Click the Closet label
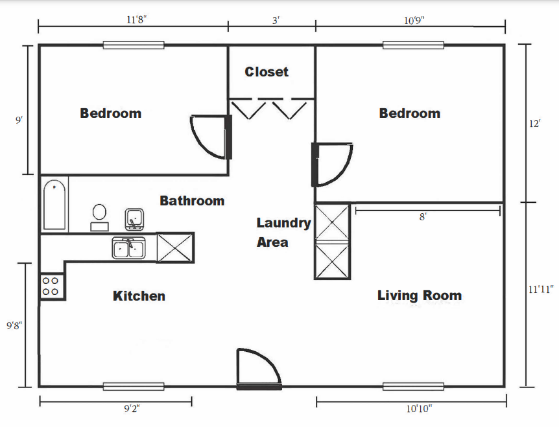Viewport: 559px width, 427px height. [x=267, y=72]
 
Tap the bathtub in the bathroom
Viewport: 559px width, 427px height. [x=54, y=205]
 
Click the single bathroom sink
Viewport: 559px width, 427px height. [x=134, y=220]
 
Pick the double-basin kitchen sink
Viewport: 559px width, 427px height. [x=128, y=248]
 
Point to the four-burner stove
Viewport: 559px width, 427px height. [x=51, y=286]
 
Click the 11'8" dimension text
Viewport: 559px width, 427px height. [x=136, y=19]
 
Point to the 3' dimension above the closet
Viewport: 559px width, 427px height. [x=276, y=21]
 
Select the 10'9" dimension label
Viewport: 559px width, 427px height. [x=414, y=20]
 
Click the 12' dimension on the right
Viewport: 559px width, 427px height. [x=534, y=124]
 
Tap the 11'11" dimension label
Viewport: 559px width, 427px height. [x=541, y=289]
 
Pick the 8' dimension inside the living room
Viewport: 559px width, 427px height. [x=423, y=216]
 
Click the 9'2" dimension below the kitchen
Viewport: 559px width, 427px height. [x=132, y=408]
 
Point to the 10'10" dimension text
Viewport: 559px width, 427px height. [x=419, y=408]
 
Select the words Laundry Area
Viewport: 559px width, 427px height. [x=283, y=233]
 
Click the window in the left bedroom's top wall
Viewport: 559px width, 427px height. [x=134, y=45]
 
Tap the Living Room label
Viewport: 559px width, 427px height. [x=420, y=295]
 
